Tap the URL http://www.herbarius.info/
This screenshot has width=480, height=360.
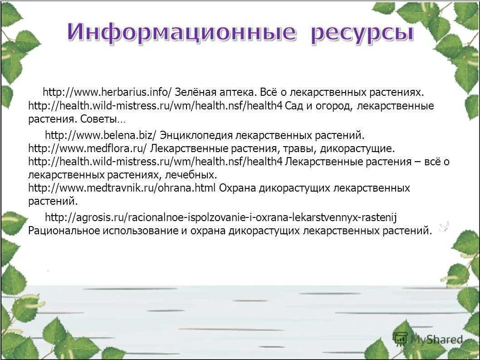coord(108,93)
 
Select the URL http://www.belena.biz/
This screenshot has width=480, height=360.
coord(101,135)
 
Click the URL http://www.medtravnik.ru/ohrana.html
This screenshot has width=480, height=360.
coord(122,188)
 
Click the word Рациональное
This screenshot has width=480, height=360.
coord(63,231)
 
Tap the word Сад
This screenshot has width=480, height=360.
coord(295,106)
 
